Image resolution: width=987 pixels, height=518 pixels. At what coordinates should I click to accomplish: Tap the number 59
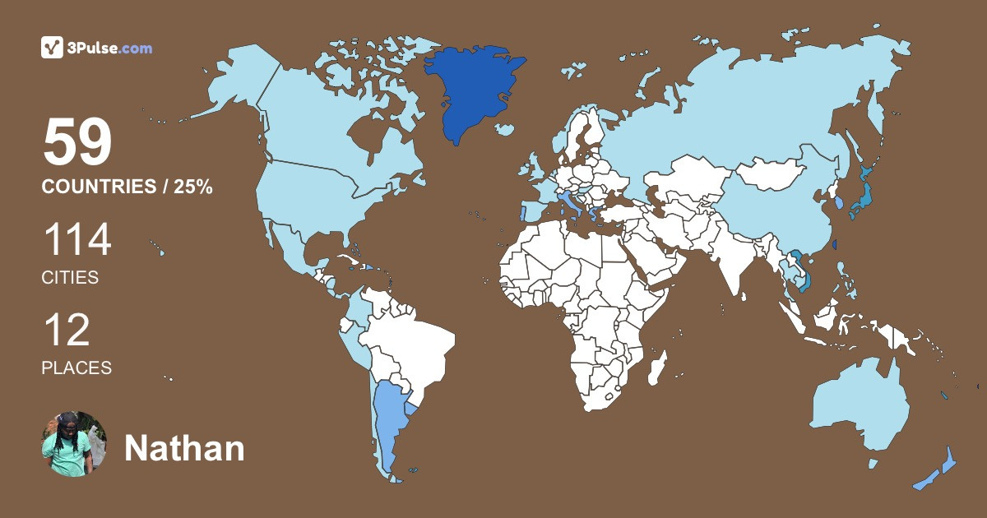77,143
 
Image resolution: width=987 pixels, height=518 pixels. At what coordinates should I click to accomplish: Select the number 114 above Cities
76,241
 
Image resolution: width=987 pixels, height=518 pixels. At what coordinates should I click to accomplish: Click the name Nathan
184,449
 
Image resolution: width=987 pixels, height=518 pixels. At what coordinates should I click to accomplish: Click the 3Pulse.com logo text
109,49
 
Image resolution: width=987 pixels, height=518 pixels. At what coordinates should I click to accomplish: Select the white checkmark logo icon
52,48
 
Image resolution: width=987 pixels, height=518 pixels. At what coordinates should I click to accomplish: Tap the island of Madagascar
656,367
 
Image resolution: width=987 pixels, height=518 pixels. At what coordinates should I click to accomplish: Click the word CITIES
70,278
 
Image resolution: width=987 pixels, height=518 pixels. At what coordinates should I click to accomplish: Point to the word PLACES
76,368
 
